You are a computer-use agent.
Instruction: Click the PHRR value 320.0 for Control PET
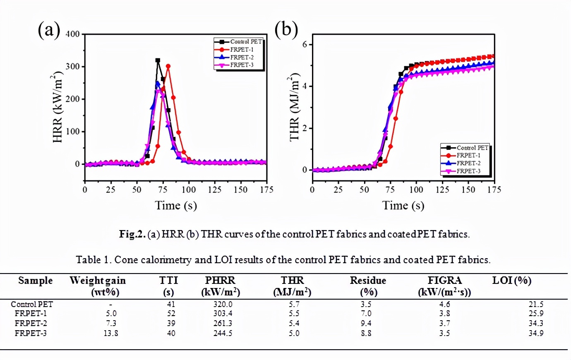[223, 304]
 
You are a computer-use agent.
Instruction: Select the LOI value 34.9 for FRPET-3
[536, 333]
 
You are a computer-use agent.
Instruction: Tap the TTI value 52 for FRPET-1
[171, 314]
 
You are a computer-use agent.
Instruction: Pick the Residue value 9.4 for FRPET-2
[366, 323]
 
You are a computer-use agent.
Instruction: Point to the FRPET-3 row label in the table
[31, 333]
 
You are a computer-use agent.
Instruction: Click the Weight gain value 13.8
[110, 333]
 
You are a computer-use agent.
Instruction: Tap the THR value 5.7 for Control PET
[294, 304]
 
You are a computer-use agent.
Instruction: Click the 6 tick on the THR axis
[305, 44]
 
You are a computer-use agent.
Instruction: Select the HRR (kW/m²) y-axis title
[58, 108]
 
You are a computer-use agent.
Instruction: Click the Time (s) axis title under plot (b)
[403, 206]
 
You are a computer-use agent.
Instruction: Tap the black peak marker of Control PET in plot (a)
[158, 60]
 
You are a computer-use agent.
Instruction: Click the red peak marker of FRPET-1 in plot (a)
[168, 66]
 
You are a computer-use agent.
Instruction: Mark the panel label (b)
[286, 30]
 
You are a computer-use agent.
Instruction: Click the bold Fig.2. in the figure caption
[132, 234]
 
